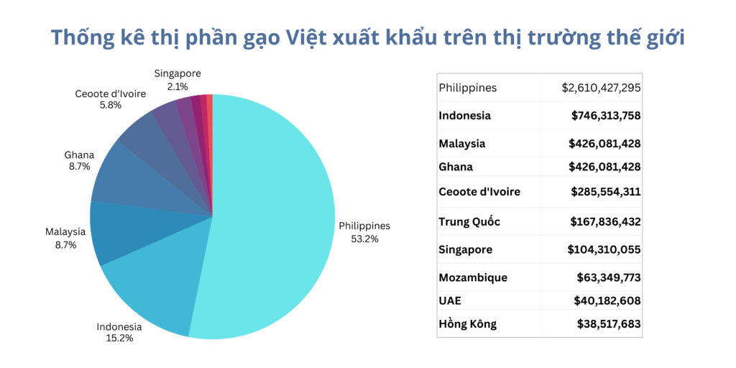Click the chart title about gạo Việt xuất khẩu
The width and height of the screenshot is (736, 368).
click(x=367, y=37)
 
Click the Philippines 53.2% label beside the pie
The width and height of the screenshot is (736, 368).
click(x=364, y=232)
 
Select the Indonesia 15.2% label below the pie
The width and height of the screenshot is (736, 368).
click(x=119, y=332)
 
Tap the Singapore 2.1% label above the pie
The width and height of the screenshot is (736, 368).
click(x=178, y=80)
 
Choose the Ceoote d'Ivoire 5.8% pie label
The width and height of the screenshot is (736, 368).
click(x=110, y=99)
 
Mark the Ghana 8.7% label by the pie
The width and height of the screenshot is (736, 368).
click(x=79, y=160)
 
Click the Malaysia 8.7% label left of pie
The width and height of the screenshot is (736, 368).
click(x=65, y=238)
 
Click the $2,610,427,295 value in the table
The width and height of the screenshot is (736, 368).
click(x=601, y=88)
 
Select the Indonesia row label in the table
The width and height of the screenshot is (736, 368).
click(x=465, y=116)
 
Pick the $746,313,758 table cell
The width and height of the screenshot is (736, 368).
click(x=606, y=116)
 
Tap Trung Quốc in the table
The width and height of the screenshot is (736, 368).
click(x=469, y=221)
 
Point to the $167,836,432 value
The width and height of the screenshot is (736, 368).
click(x=606, y=221)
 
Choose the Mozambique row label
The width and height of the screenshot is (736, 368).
click(x=473, y=277)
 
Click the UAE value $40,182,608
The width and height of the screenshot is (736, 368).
click(x=607, y=300)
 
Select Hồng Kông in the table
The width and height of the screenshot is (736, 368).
click(x=467, y=323)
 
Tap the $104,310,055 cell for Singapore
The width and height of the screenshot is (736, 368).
click(x=604, y=249)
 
